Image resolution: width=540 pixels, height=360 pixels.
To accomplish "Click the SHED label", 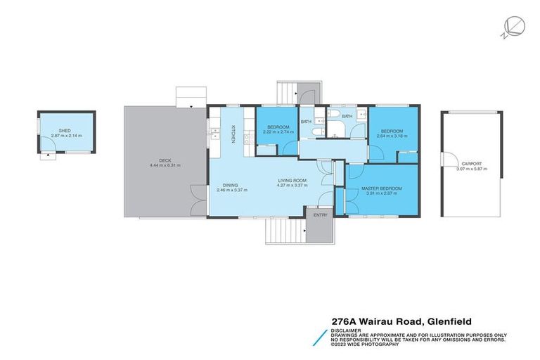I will (x=65, y=130).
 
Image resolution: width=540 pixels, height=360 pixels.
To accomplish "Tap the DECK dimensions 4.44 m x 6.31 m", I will (x=165, y=165).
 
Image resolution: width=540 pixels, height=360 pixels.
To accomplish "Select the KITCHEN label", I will (x=233, y=134).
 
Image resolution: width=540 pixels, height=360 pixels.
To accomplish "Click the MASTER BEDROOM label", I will (x=382, y=188).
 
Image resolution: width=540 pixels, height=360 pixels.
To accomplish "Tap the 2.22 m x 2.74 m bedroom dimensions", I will (x=277, y=132).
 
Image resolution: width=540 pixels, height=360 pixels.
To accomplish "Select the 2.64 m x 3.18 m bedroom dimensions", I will (x=392, y=135).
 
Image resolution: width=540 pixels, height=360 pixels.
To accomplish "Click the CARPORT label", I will (x=471, y=164).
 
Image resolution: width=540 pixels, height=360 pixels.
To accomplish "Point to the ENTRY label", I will (x=321, y=215).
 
